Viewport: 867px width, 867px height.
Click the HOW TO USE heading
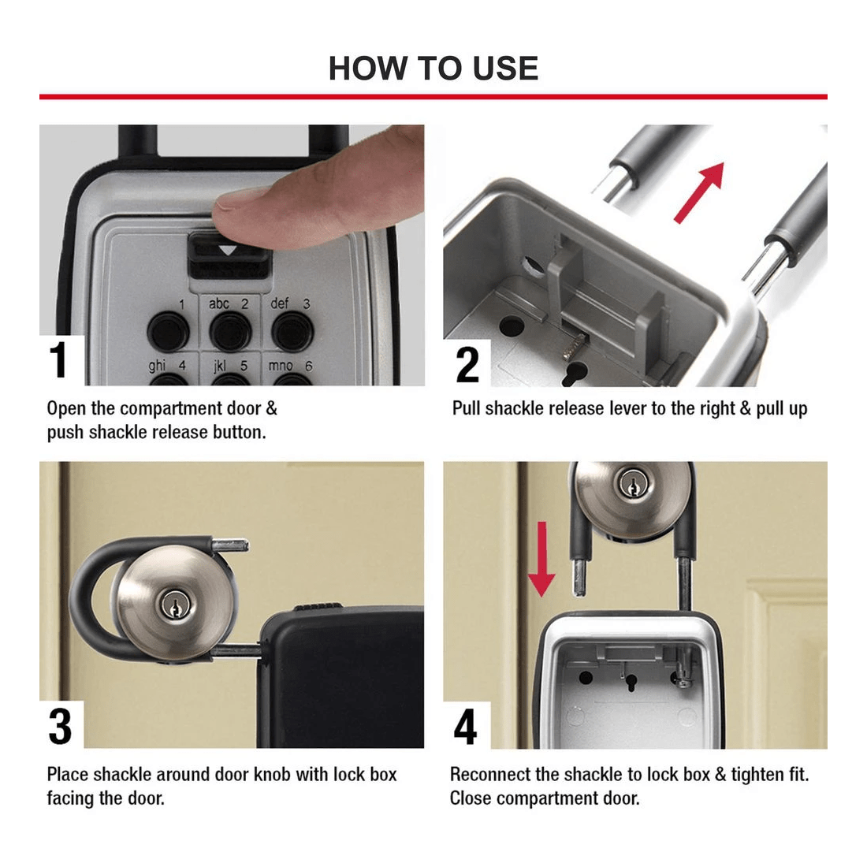tap(433, 69)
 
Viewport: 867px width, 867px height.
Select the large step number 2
tap(467, 364)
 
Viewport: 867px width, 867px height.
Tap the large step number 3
tap(60, 726)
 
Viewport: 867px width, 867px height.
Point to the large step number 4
tap(465, 726)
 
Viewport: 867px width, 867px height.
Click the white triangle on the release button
tap(228, 251)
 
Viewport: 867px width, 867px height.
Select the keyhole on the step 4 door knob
tap(631, 484)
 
